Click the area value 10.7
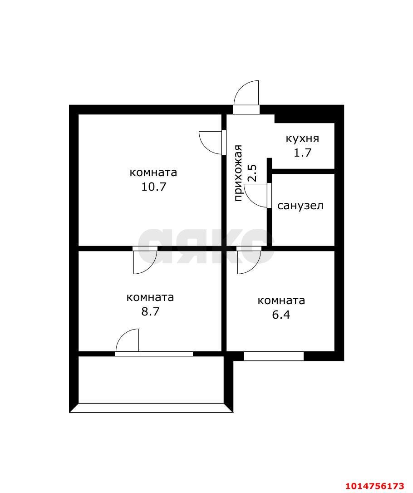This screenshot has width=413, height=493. (x=153, y=187)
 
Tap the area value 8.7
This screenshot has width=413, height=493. (x=150, y=311)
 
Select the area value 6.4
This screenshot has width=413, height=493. (x=281, y=315)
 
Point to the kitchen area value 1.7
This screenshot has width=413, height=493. (x=302, y=153)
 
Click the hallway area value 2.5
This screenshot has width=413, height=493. (x=252, y=173)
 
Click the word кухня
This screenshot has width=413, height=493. (x=302, y=138)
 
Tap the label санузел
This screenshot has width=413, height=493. (x=300, y=206)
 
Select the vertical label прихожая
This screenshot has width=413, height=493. (x=238, y=173)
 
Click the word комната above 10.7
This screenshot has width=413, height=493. (x=153, y=173)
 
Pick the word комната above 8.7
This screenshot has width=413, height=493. (x=150, y=297)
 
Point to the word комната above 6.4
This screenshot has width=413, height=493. (x=281, y=301)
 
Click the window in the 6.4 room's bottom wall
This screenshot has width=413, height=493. (x=274, y=356)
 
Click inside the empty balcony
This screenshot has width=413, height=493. (x=151, y=380)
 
